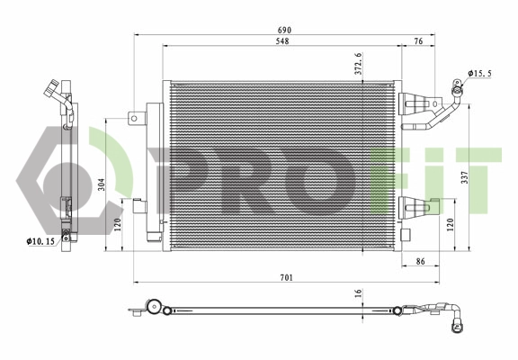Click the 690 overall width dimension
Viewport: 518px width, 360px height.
[x=283, y=31]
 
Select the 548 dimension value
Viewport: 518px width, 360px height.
[x=281, y=42]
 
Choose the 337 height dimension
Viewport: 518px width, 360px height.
[x=464, y=176]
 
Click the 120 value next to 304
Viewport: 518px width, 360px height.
[x=118, y=223]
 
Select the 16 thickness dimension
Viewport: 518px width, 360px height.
[x=358, y=293]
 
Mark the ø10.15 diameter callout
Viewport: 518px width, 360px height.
[x=40, y=241]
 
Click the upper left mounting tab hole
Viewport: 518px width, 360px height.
[x=134, y=117]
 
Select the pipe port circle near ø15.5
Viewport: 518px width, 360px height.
[x=457, y=88]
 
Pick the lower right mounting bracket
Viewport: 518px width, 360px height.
[x=415, y=209]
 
